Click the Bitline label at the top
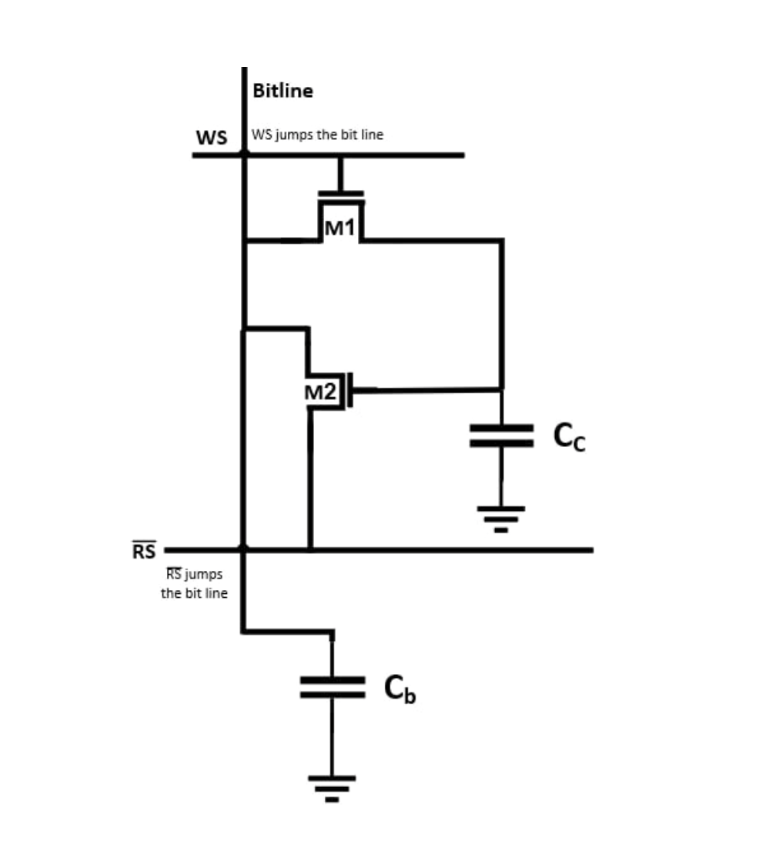[x=283, y=91]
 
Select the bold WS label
[x=211, y=138]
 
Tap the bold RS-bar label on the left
[x=144, y=551]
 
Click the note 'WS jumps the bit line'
[x=317, y=135]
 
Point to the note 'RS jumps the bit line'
[x=194, y=583]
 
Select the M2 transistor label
[x=321, y=392]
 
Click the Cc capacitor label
[x=569, y=437]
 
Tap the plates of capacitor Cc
[x=501, y=435]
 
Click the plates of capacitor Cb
[x=333, y=688]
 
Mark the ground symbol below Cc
[x=501, y=517]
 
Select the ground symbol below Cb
[x=333, y=787]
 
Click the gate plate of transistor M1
[x=341, y=193]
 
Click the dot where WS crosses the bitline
[x=244, y=155]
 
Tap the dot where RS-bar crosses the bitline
[x=244, y=549]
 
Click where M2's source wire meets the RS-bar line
[x=310, y=549]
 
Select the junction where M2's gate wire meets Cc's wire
[x=502, y=389]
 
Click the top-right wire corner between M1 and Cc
[x=502, y=241]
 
